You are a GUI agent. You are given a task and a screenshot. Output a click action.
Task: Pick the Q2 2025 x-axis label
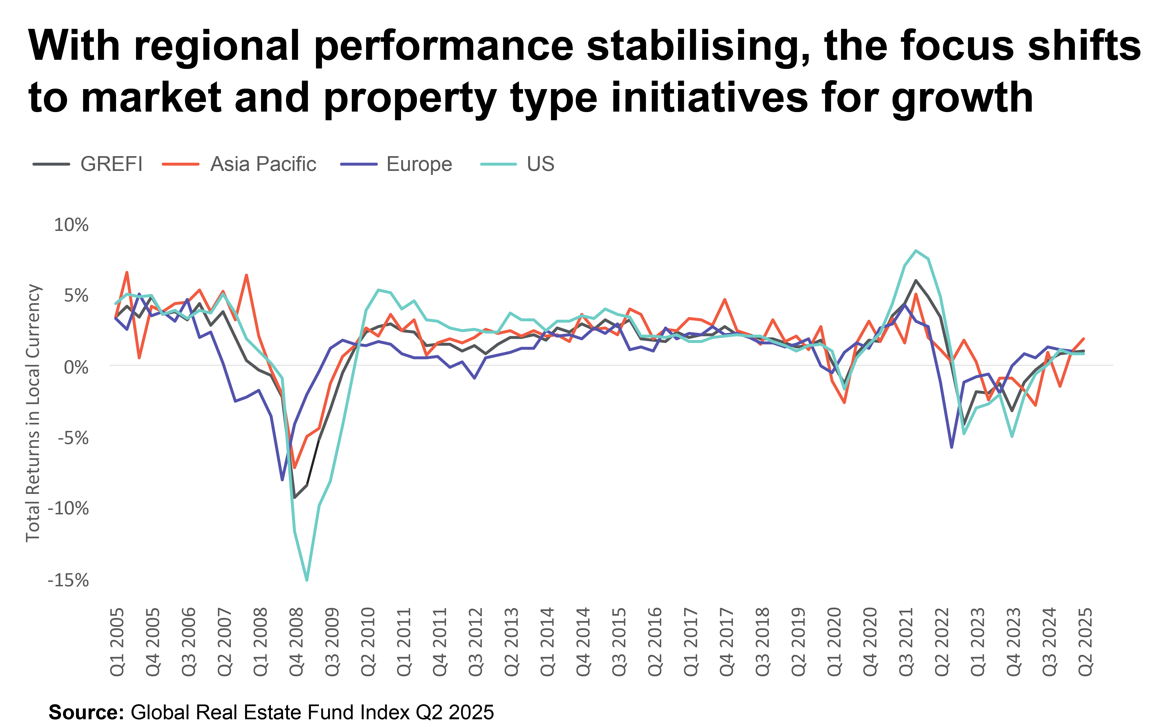point(1086,642)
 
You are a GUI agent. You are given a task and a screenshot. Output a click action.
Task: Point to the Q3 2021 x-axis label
point(906,642)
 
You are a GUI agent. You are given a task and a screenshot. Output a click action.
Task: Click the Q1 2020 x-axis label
point(834,642)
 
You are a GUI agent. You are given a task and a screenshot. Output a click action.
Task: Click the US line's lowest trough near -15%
point(307,580)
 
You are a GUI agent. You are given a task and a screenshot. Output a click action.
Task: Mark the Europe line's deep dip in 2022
point(952,447)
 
